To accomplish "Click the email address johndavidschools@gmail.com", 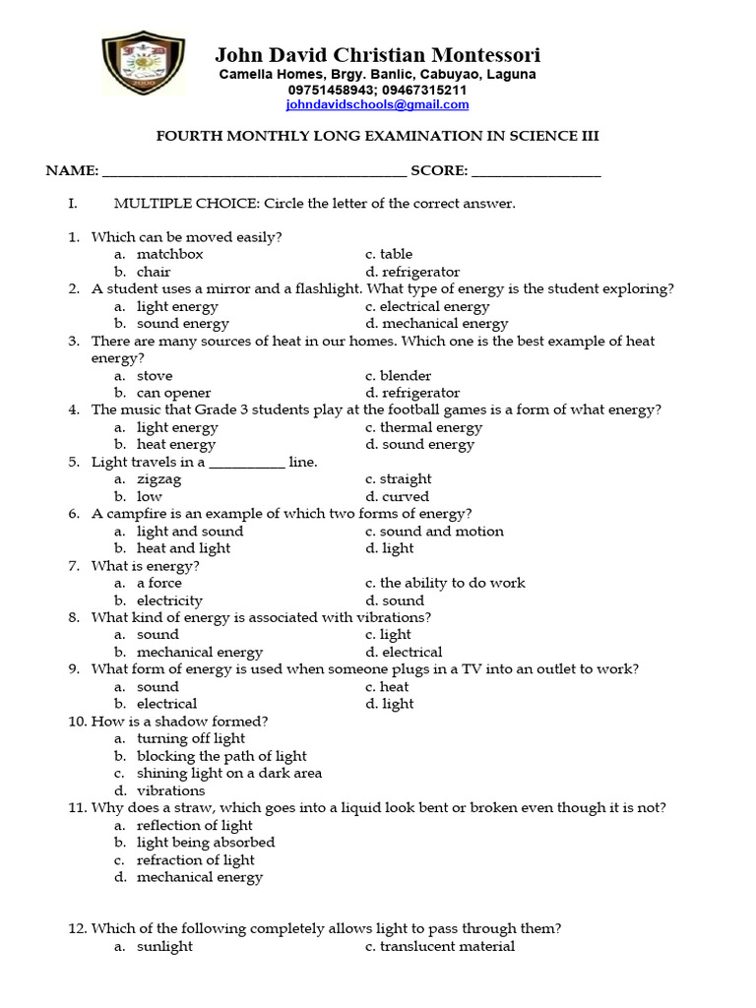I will pos(377,104).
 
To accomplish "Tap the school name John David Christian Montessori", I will pos(377,55).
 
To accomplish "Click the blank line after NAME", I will pos(254,172).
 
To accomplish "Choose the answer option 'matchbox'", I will pos(170,254).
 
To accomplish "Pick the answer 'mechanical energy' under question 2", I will pos(445,323).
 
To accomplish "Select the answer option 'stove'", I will pos(155,375).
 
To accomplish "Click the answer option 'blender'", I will pos(406,375).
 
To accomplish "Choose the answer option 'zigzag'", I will pos(159,479).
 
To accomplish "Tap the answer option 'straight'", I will pos(406,479).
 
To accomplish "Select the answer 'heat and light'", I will pos(183,548).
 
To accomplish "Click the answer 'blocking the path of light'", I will pos(221,756).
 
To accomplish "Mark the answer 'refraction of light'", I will pos(196,859).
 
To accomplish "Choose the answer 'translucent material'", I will pos(447,946).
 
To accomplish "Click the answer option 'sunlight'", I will pos(164,946).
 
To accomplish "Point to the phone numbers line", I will pos(377,90).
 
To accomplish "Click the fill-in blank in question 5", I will pos(247,463).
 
